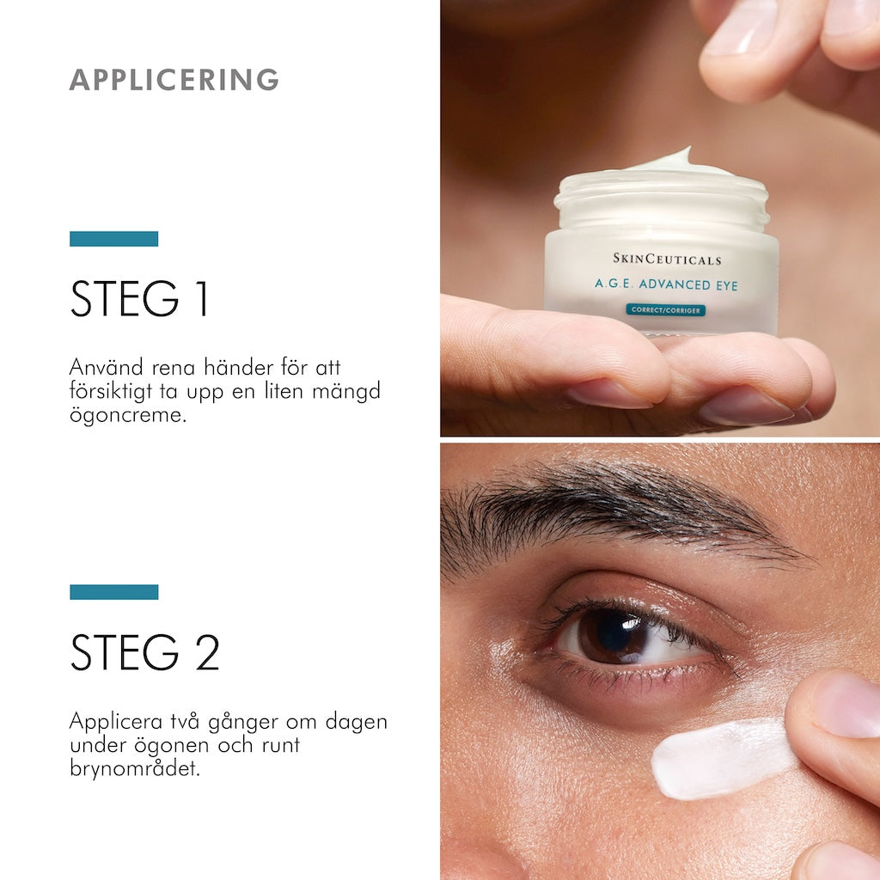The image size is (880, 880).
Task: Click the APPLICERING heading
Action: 174,79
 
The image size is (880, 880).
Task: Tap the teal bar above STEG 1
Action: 113,239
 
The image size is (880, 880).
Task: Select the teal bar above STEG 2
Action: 113,592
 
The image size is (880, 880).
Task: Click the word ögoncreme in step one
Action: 127,416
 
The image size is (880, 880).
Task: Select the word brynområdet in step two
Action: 134,768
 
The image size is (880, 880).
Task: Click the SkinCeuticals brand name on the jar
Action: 667,259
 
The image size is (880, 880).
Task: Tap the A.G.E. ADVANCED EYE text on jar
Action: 666,285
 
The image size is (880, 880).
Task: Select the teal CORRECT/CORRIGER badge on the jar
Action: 665,309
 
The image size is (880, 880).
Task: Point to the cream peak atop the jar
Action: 679,158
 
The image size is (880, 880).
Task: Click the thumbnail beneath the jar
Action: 608,393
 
